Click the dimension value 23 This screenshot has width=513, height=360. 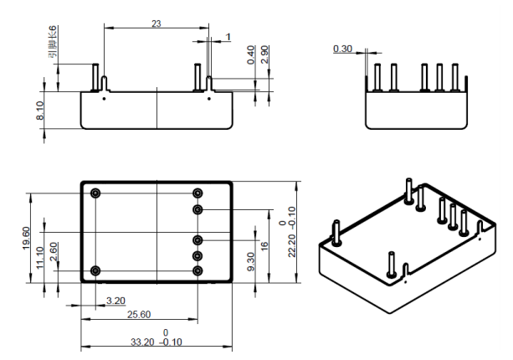click(156, 23)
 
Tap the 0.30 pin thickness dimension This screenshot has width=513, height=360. click(342, 49)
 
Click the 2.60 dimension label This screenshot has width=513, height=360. click(54, 252)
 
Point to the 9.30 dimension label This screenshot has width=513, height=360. click(251, 260)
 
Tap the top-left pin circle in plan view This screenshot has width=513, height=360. click(96, 193)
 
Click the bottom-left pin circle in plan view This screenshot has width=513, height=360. click(96, 270)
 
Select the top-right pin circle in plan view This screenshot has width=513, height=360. click(198, 193)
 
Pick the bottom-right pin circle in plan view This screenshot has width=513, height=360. click(198, 270)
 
